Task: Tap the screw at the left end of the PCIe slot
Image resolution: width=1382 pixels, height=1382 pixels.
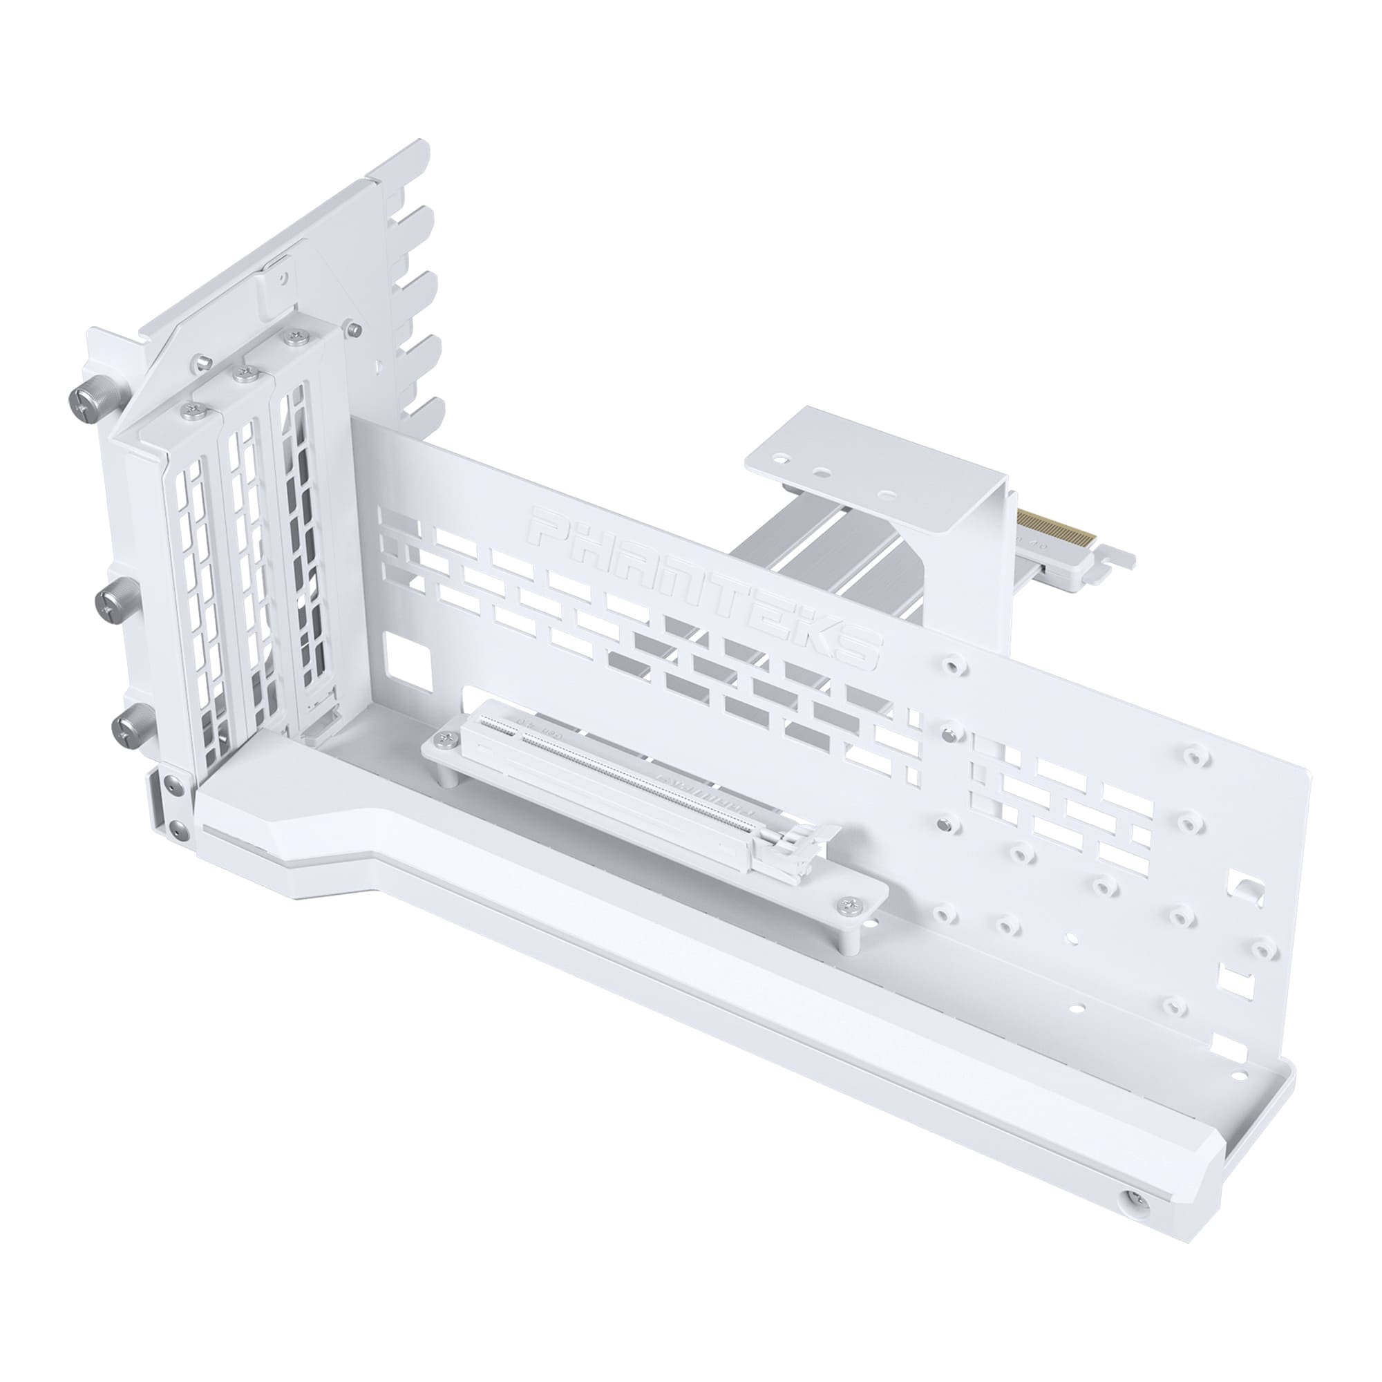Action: click(449, 739)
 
